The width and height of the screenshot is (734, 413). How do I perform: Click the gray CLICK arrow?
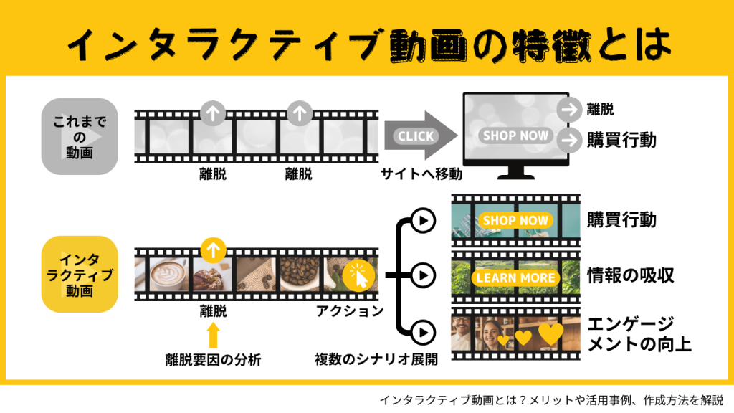tap(420, 136)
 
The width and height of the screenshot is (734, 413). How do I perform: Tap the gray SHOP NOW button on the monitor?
tap(515, 136)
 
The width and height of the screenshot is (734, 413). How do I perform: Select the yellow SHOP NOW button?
tap(515, 220)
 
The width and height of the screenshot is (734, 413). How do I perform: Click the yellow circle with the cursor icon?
tap(358, 276)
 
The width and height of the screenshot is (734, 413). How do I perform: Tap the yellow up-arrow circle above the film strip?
tap(212, 250)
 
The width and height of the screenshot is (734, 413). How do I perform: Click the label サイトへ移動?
tap(420, 173)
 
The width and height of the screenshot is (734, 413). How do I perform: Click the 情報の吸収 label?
tap(630, 275)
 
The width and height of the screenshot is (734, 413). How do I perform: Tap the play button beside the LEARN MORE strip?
tap(424, 275)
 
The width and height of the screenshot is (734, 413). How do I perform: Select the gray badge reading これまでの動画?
tap(80, 136)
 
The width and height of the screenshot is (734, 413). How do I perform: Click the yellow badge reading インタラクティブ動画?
tap(80, 274)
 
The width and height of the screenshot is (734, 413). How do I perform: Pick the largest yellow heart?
tap(551, 333)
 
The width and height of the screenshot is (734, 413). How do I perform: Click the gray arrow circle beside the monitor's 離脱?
tap(570, 110)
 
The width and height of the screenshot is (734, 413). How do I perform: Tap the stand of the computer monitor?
tap(515, 173)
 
